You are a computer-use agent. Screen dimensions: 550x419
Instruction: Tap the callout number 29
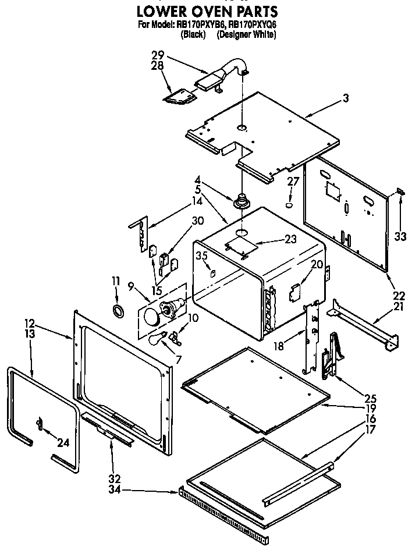coord(158,56)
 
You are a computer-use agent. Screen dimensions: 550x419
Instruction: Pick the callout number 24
coord(63,443)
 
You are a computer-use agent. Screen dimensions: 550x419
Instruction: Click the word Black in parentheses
coord(193,34)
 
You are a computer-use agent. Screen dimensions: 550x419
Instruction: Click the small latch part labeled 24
coord(40,424)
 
